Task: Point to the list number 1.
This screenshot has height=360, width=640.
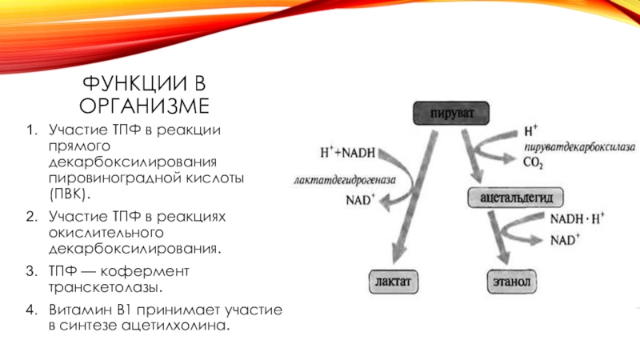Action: pyautogui.click(x=30, y=129)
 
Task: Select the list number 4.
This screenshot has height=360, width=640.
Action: pyautogui.click(x=30, y=309)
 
